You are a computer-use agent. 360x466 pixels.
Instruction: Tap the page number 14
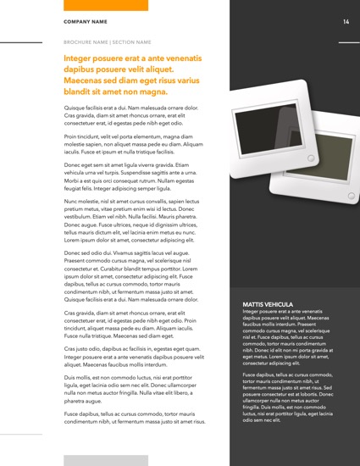point(346,21)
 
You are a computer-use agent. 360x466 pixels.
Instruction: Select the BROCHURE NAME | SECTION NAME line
point(107,42)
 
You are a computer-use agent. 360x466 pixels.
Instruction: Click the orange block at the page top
point(106,5)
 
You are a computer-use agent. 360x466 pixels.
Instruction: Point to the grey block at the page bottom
point(106,460)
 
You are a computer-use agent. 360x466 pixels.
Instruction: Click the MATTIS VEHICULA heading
point(268,304)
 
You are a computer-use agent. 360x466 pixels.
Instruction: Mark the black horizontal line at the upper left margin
point(21,42)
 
